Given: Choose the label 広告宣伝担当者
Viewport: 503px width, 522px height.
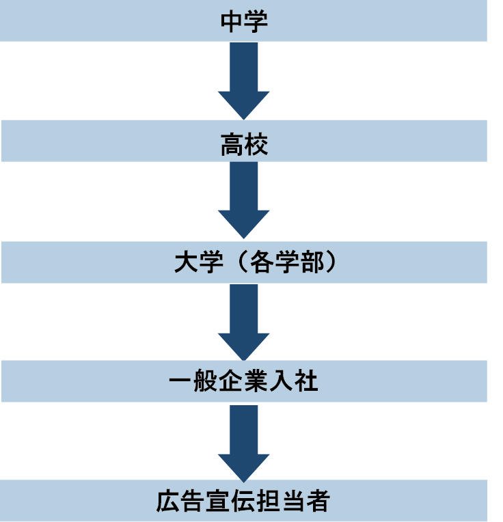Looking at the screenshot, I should coord(243,502).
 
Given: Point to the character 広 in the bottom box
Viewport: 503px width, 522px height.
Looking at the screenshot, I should coord(167,502).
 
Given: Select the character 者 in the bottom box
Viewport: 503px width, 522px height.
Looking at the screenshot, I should coord(318,502).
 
